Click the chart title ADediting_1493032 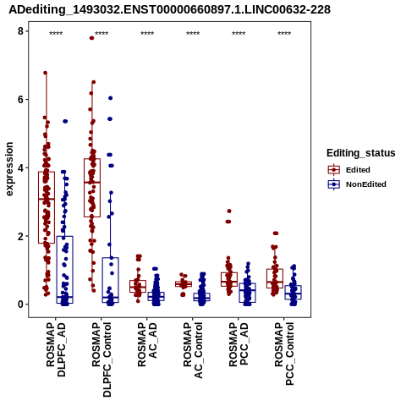point(169,10)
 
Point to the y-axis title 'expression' point(9,169)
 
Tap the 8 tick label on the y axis point(20,31)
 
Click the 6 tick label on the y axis point(20,100)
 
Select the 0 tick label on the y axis point(20,304)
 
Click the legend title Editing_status point(361,153)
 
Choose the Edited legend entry point(348,170)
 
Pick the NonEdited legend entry point(357,184)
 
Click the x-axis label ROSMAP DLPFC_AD point(56,349)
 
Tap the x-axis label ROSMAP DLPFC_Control point(101,359)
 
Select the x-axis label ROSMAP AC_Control point(193,350)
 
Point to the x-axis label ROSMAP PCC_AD point(239,344)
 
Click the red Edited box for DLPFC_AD point(47,207)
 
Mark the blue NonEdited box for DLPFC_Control point(111,280)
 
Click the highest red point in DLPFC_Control point(91,38)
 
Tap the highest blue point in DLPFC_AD point(65,121)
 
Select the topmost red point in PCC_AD point(229,211)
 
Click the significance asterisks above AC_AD point(147,34)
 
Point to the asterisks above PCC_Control point(284,34)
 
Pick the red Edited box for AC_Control point(184,284)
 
